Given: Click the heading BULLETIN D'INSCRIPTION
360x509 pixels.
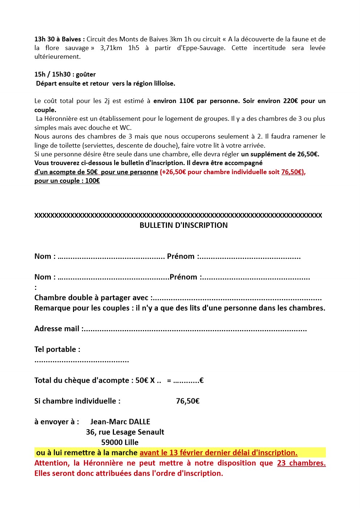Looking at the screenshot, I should coord(184,225).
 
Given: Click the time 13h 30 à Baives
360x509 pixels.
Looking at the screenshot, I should coord(59,39).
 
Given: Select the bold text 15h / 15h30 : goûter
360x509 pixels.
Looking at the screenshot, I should coord(65,74).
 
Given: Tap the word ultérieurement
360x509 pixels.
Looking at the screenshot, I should coord(57,57).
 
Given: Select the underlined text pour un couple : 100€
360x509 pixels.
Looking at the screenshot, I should coord(67,181).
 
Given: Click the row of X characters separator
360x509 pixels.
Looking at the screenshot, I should coord(178,215).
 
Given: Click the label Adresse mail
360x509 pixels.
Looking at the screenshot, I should coord(57,329).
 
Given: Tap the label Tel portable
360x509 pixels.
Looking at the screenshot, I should coord(57,349).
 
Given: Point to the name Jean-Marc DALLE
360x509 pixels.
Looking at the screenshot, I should coord(120,422).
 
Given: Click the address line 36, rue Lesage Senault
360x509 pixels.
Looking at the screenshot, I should coord(125,432).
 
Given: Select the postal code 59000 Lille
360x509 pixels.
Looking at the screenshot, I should coord(120,442).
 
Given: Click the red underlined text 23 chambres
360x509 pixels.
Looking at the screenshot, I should coord(301,463).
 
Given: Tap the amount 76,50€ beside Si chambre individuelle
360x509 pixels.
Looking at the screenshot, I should coord(188,401).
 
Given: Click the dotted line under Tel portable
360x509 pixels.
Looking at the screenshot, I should coord(82,361).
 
